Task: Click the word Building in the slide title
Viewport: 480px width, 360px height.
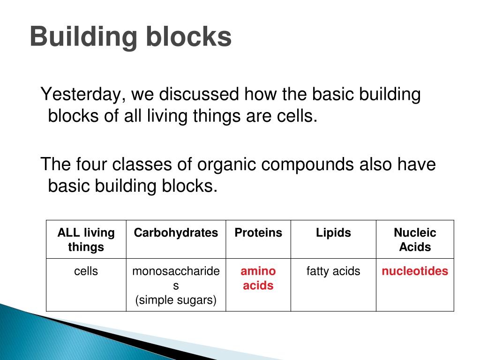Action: pos(80,37)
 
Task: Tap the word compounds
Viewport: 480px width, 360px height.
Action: pos(307,165)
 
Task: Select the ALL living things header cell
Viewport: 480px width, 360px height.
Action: pos(86,240)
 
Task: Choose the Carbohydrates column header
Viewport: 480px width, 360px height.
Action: pos(176,233)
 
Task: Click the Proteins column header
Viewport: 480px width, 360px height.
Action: pos(258,233)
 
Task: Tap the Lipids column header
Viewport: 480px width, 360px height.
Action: pos(333,233)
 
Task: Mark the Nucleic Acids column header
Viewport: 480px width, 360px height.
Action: pos(415,240)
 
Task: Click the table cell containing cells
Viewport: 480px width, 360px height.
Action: pos(86,271)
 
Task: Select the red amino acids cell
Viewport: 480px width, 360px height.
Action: pos(258,278)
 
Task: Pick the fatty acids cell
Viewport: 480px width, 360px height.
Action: pos(333,271)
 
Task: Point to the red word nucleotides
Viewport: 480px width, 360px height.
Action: pos(415,271)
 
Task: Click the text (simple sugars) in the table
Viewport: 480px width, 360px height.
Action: pos(176,300)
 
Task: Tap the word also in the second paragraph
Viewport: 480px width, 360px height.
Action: pos(377,165)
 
